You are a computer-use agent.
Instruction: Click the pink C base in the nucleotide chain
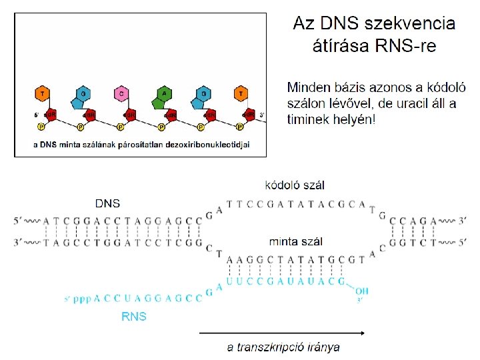[121, 94]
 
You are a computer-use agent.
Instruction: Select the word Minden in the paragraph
[309, 87]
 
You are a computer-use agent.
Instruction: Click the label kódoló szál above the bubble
[295, 185]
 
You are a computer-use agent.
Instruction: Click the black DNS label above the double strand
[108, 203]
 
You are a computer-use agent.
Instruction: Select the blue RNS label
[133, 317]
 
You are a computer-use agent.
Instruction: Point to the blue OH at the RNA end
[361, 291]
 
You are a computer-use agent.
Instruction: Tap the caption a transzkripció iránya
[283, 347]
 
